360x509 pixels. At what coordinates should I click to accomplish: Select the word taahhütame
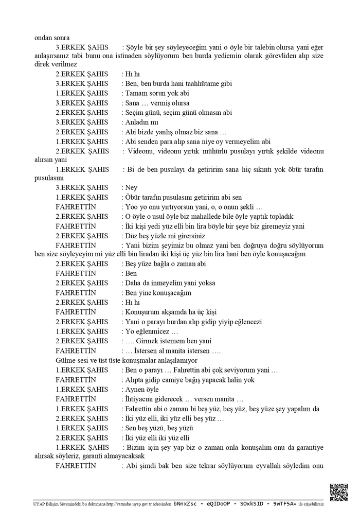pyautogui.click(x=188, y=83)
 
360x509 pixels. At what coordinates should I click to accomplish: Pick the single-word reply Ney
pyautogui.click(x=131, y=187)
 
